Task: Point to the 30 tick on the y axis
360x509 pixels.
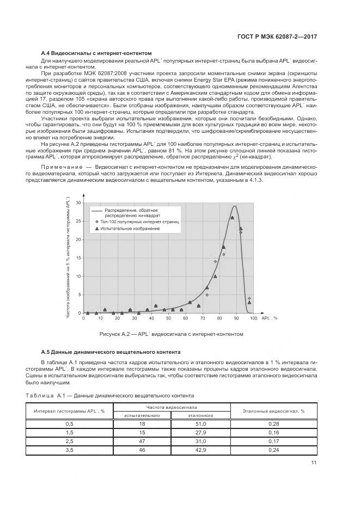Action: (x=78, y=203)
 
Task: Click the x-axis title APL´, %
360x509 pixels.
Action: (x=270, y=317)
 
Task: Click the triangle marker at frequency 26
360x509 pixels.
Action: (x=232, y=218)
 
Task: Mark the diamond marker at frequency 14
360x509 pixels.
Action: (x=215, y=262)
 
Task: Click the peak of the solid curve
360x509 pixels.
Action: (x=234, y=206)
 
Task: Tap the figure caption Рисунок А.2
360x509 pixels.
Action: (x=170, y=334)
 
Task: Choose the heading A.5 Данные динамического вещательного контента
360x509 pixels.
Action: (x=111, y=352)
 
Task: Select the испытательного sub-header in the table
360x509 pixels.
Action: (x=142, y=415)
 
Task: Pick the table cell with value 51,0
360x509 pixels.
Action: (x=200, y=424)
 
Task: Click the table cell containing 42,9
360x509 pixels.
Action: (x=200, y=450)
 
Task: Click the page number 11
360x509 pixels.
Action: (x=314, y=463)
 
